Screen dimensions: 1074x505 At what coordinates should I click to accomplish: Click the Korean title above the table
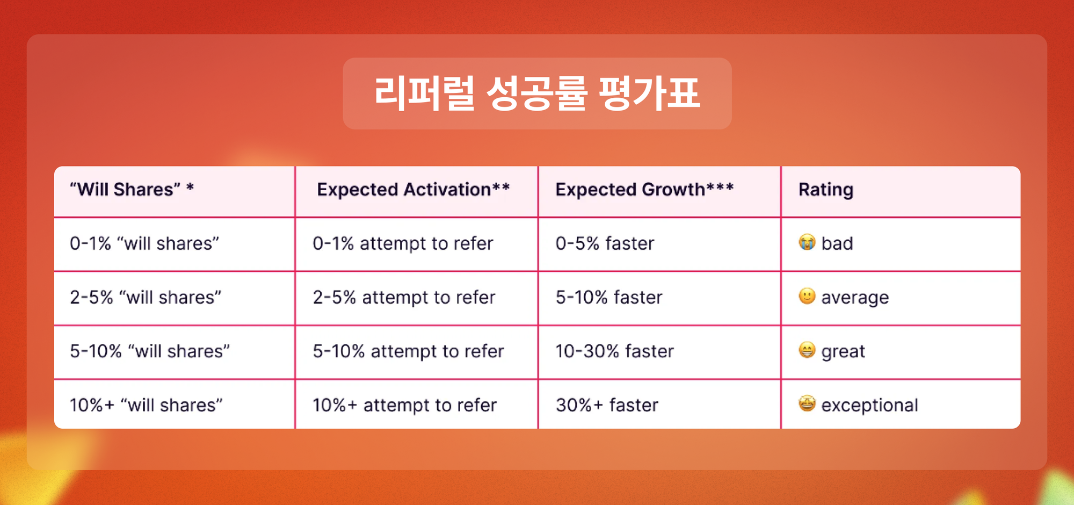537,93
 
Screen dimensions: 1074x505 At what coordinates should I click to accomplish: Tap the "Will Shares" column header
132,190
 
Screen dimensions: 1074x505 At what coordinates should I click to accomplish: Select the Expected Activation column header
413,190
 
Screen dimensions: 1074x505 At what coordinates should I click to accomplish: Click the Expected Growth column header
644,190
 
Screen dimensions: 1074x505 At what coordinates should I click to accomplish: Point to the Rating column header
826,190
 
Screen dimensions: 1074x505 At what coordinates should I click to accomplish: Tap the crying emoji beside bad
807,242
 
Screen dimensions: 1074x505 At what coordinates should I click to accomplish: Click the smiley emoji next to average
807,296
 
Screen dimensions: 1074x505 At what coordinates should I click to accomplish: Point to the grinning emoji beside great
807,350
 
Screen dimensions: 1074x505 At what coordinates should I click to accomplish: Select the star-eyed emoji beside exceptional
807,403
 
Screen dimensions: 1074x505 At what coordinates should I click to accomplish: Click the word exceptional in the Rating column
869,406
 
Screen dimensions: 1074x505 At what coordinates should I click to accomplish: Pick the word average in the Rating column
855,298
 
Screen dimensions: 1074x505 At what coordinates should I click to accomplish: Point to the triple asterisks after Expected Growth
720,186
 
